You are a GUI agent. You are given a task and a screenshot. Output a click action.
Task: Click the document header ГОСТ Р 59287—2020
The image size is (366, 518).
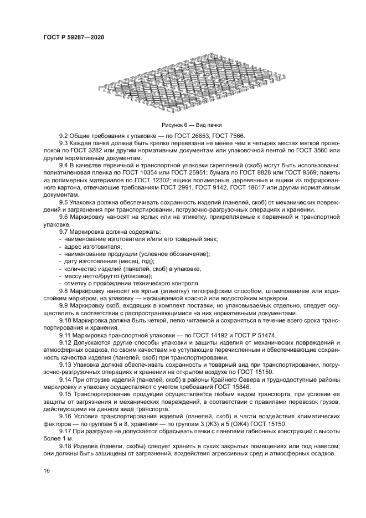[73, 37]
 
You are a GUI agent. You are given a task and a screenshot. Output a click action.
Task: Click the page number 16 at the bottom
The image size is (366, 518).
[46, 470]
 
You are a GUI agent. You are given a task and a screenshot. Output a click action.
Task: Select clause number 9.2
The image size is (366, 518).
[64, 136]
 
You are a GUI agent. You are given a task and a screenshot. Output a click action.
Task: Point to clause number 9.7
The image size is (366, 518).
[64, 230]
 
